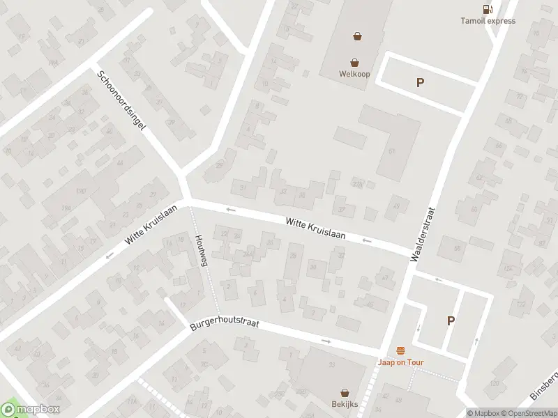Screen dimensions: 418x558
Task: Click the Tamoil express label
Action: point(488,21)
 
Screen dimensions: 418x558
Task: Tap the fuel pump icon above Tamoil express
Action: point(488,9)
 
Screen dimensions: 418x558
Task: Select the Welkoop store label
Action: point(354,74)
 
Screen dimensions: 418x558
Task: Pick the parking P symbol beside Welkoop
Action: point(420,83)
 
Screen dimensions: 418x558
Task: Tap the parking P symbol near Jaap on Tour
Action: point(451,320)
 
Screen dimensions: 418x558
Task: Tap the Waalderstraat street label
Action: point(423,233)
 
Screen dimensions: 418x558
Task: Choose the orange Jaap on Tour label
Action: point(401,362)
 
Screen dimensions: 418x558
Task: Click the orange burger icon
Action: point(400,350)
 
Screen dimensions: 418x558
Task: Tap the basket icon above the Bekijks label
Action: point(345,393)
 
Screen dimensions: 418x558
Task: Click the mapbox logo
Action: point(31,410)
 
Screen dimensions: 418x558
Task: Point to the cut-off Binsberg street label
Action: point(545,382)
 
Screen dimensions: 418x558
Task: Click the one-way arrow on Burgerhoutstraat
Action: point(326,341)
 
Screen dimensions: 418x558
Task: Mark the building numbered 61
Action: point(392,151)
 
